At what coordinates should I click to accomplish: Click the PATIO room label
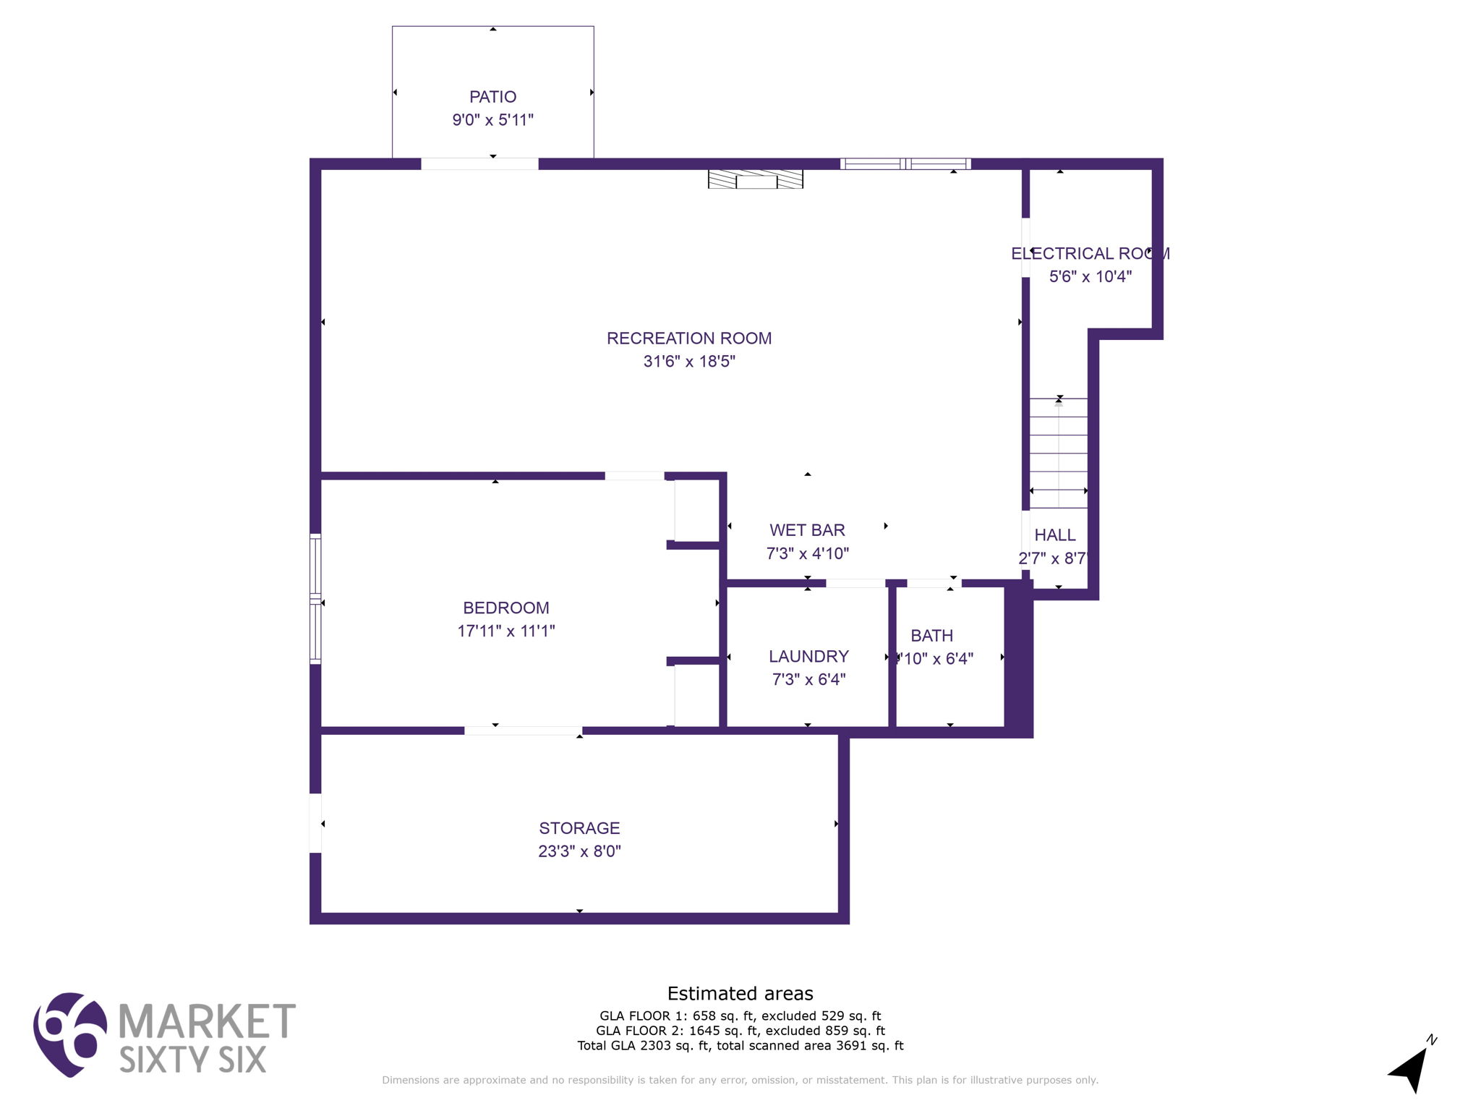click(492, 97)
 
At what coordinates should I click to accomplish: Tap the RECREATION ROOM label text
click(688, 339)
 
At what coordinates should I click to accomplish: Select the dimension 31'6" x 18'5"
click(688, 362)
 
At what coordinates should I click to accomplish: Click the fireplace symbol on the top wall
click(755, 179)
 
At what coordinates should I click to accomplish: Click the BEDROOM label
click(505, 608)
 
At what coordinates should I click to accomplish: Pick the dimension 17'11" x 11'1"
click(505, 631)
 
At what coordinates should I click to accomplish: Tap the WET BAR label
click(807, 531)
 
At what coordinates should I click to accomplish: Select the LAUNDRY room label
click(808, 657)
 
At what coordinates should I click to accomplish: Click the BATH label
click(931, 636)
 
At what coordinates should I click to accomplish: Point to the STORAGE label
click(579, 828)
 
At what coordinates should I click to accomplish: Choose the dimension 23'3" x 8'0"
click(579, 851)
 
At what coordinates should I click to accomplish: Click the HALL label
click(1054, 535)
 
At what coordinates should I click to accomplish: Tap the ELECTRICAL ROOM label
click(1090, 254)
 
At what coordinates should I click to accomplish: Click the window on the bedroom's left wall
click(315, 599)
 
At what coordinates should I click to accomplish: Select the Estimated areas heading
click(740, 994)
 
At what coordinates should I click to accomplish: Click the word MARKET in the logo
click(206, 1021)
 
